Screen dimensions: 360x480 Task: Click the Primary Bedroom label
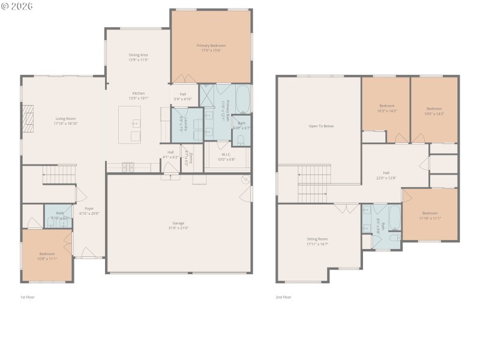[211, 45]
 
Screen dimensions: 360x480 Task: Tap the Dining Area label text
[138, 55]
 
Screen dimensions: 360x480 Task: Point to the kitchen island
[130, 125]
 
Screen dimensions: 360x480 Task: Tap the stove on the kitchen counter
[128, 166]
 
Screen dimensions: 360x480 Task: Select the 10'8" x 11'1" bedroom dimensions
[48, 259]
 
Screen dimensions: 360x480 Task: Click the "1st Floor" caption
[28, 297]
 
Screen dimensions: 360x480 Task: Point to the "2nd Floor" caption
[283, 297]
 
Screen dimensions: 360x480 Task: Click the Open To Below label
[320, 126]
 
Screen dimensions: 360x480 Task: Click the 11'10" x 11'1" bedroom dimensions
[430, 218]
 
